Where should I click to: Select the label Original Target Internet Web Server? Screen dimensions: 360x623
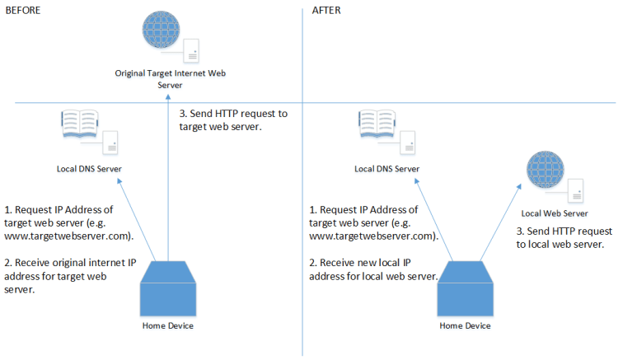pos(170,79)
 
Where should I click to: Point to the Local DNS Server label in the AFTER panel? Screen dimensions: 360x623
pos(387,170)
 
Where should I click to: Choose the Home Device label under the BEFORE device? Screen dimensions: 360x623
pos(168,325)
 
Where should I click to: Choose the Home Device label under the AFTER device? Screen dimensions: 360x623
pos(465,325)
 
